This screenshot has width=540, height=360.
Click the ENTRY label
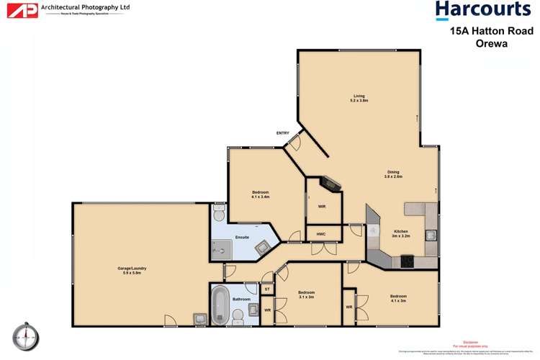click(282, 133)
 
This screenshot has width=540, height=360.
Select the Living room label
click(359, 98)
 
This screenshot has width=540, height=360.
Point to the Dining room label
click(393, 174)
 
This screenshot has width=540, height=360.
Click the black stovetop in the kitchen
click(408, 261)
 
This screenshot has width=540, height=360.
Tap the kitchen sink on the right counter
click(430, 234)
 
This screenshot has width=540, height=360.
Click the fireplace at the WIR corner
click(330, 183)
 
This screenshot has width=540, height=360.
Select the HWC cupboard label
click(321, 235)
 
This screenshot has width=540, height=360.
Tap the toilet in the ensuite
click(220, 214)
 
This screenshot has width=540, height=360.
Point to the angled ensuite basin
click(264, 247)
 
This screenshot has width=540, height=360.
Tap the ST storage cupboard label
click(267, 289)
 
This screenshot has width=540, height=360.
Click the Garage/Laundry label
click(132, 270)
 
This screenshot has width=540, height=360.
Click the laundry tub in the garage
click(199, 318)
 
